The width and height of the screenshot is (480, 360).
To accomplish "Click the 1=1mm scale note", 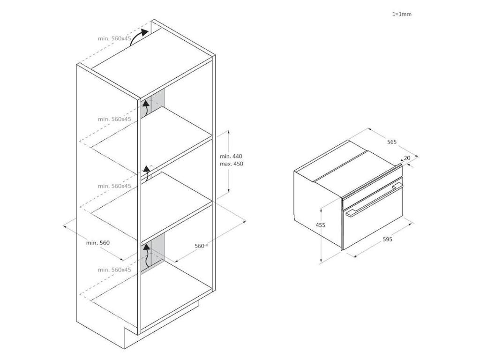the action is pyautogui.click(x=402, y=14).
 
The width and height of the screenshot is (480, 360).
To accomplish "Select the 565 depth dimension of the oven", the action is pyautogui.click(x=392, y=142).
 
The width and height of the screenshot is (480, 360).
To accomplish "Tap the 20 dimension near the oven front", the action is pyautogui.click(x=407, y=158).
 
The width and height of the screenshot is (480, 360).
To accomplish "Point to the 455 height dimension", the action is pyautogui.click(x=321, y=225).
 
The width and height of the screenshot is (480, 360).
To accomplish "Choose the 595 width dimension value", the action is pyautogui.click(x=387, y=239).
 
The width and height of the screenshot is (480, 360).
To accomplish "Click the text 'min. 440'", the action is pyautogui.click(x=231, y=156).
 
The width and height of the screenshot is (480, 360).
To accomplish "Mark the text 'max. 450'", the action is pyautogui.click(x=232, y=164).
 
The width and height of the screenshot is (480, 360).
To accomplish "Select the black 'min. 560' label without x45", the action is pyautogui.click(x=97, y=243).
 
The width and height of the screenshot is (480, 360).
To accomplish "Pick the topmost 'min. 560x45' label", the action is pyautogui.click(x=114, y=38).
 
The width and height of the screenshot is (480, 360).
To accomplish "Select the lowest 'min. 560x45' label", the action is pyautogui.click(x=114, y=270).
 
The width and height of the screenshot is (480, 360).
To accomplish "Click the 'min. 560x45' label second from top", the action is pyautogui.click(x=114, y=119).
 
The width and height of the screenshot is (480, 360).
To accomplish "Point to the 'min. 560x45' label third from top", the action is pyautogui.click(x=114, y=186).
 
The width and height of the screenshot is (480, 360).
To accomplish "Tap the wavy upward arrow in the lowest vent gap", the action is pyautogui.click(x=147, y=255).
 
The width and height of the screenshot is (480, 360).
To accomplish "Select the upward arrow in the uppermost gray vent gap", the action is pyautogui.click(x=146, y=107).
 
